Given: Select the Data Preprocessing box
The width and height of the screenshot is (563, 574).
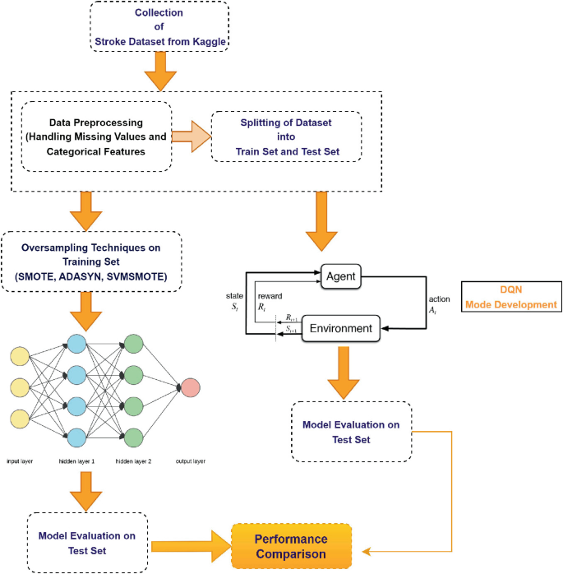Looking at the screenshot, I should [x=95, y=136].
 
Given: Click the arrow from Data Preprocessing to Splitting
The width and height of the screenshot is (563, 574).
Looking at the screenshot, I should [x=191, y=137].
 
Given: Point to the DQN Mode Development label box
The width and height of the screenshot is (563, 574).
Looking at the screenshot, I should [x=511, y=297].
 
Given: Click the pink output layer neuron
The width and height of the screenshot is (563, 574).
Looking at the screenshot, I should [x=190, y=387].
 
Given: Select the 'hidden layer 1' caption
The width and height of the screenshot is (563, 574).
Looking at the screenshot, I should [x=76, y=461].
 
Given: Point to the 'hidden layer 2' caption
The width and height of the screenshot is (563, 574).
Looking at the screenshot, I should [x=134, y=461].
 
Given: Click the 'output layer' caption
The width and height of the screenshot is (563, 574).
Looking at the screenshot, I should [x=190, y=461].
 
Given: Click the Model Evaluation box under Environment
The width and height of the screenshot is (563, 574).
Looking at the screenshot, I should [x=351, y=432].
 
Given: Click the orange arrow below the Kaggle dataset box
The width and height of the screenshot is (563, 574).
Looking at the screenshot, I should [x=160, y=74].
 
